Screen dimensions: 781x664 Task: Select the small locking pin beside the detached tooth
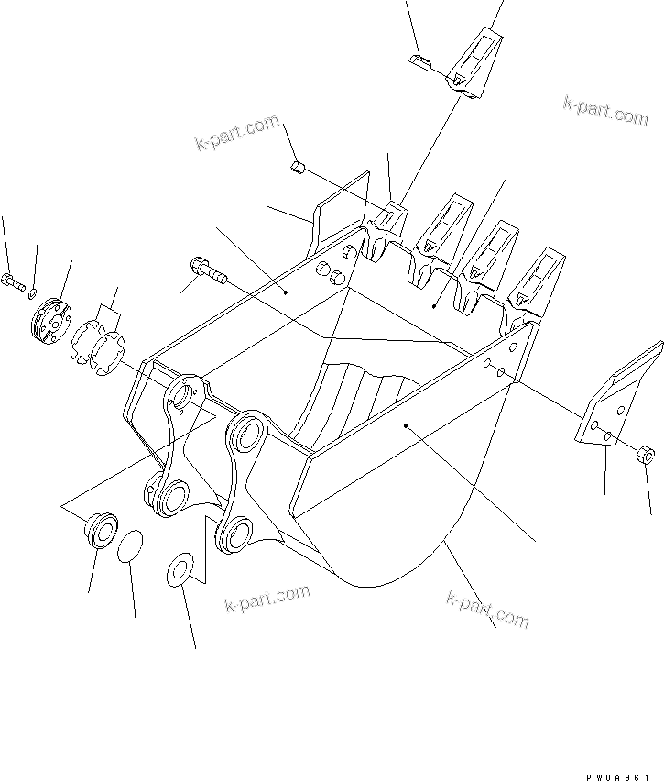[x=420, y=62]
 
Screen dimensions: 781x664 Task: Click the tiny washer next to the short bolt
[x=32, y=293]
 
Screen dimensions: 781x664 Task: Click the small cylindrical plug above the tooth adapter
[x=297, y=167]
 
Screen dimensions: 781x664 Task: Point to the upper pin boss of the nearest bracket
[x=248, y=431]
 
